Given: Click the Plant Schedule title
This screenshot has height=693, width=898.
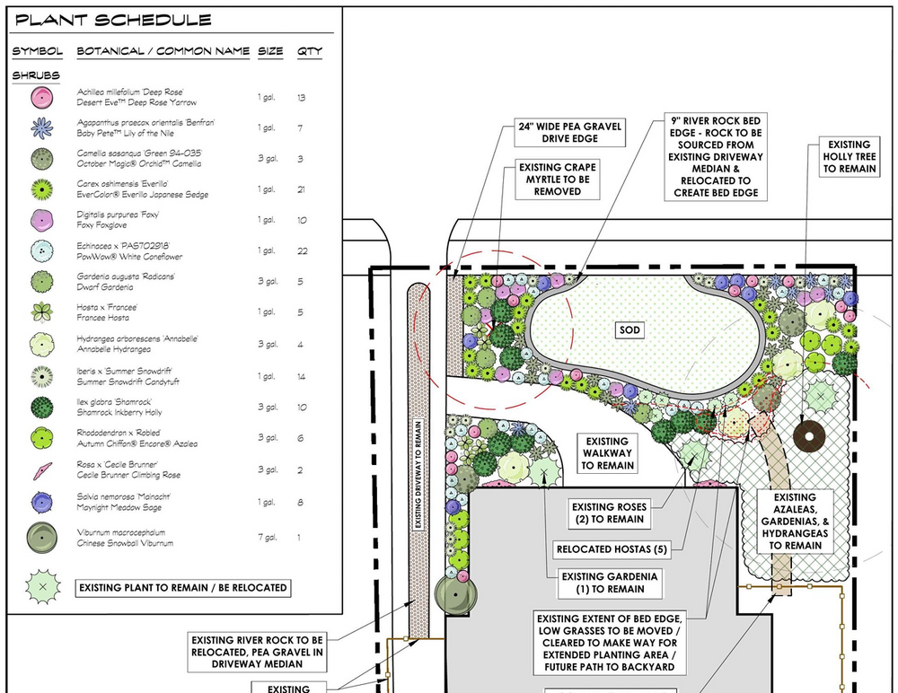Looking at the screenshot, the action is [x=113, y=20].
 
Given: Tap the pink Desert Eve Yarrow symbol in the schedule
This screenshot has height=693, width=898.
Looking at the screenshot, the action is [x=42, y=97].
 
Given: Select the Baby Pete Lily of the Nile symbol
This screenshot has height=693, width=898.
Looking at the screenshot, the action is [x=42, y=127].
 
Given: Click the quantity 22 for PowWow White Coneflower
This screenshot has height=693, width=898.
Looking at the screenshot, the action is [x=303, y=250].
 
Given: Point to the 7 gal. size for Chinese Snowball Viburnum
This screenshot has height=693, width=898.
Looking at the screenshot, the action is [x=268, y=537].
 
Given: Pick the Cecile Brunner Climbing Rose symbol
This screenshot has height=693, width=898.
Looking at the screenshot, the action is [x=42, y=470].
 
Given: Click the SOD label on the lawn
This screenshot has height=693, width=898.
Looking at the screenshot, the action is [x=629, y=329].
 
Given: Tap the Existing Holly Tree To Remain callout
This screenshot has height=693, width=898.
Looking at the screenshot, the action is [x=850, y=156].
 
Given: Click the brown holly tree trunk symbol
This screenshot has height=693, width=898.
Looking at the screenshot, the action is [x=809, y=436].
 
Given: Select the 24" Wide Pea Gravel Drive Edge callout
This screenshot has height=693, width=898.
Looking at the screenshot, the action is [x=570, y=132].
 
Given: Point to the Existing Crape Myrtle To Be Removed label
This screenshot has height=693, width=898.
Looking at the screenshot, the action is [x=558, y=180].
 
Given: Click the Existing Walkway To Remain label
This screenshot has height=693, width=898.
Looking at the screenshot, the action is [x=607, y=453].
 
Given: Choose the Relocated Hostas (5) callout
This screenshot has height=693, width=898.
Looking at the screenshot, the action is [x=612, y=549].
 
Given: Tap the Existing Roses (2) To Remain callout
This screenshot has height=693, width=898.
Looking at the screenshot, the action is [x=610, y=513].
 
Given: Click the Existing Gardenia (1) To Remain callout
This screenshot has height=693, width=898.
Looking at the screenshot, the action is [x=610, y=583].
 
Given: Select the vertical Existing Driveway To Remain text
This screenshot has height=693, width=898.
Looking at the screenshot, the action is [x=418, y=475].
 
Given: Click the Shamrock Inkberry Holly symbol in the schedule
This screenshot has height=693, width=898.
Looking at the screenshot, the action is [x=42, y=408].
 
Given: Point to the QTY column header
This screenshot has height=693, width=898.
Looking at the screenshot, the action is [x=309, y=51].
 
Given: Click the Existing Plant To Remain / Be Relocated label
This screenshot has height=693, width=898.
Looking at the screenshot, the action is [x=182, y=588].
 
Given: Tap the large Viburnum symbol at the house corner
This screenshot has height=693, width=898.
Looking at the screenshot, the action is [x=455, y=595].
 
